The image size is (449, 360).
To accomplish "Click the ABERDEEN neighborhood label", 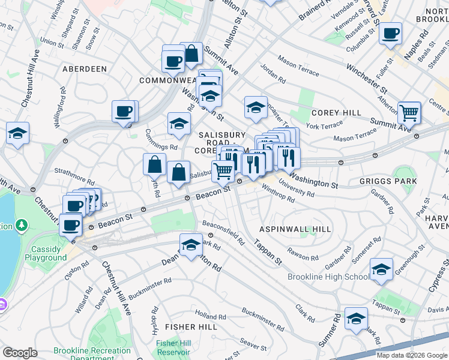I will (84, 69).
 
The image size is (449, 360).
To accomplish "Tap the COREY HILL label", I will (336, 113).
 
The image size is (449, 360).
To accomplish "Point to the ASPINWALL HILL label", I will (295, 229).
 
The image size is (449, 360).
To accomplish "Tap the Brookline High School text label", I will (328, 277).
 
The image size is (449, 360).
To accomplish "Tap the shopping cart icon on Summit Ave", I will (409, 112).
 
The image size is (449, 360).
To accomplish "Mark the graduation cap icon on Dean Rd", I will (191, 245).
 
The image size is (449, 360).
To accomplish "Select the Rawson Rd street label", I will (303, 255).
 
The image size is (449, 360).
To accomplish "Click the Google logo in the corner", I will (20, 353).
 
